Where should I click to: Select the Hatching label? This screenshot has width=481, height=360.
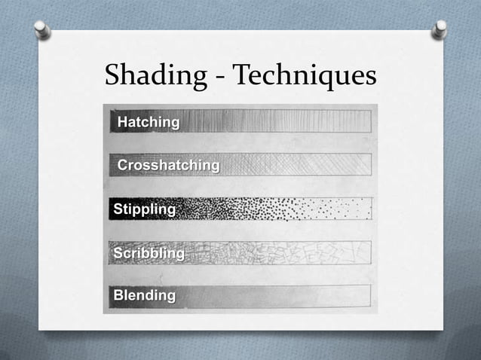tap(149, 121)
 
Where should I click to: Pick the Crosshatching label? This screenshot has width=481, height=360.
tap(168, 165)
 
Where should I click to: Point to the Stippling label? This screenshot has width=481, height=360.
tap(144, 209)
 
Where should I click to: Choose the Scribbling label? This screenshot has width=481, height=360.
tap(149, 253)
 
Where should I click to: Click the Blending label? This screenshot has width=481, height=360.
tap(144, 295)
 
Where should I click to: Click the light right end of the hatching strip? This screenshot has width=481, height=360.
tap(354, 121)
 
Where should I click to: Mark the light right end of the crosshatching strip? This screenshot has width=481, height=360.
tap(354, 165)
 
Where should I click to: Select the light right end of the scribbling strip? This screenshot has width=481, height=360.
tap(354, 252)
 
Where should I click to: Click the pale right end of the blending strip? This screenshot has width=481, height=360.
tap(354, 296)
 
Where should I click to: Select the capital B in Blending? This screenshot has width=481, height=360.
tap(118, 295)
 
